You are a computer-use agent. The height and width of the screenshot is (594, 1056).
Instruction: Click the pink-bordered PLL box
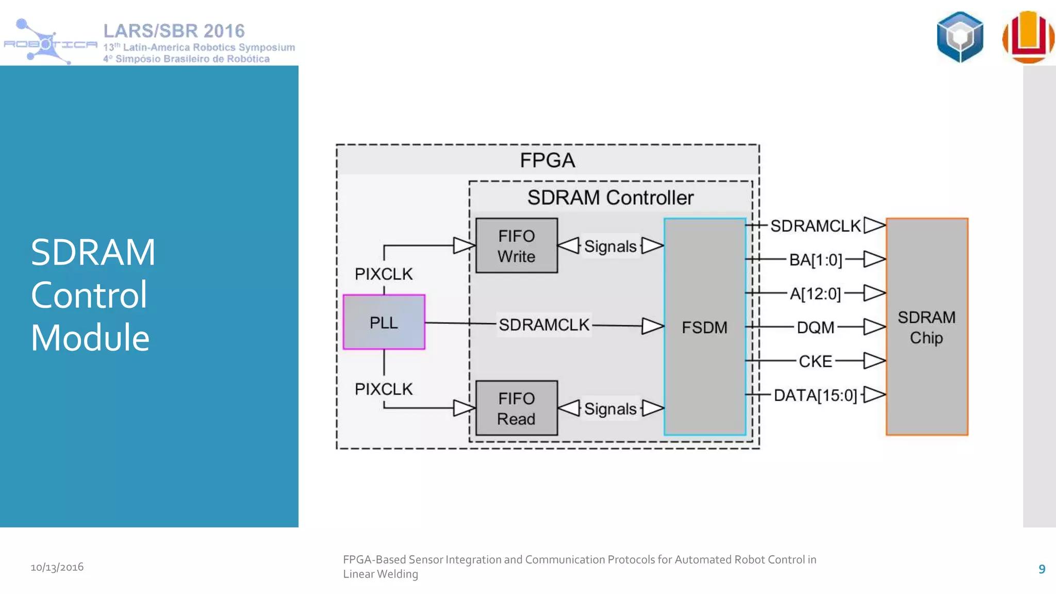pos(384,322)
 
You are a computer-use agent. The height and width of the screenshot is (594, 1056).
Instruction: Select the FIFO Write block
pos(516,246)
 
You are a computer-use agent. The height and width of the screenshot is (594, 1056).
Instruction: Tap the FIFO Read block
pos(516,408)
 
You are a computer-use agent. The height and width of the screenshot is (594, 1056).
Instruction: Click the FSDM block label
pos(704,327)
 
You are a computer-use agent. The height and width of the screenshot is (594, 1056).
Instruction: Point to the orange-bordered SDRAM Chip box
pos(927,327)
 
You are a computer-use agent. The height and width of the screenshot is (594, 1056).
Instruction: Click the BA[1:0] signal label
pos(815,259)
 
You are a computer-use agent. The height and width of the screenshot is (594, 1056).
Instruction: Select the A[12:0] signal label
pos(815,293)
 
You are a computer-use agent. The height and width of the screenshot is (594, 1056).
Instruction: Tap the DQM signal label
pos(815,327)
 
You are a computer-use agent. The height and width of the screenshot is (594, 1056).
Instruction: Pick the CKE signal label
pos(815,361)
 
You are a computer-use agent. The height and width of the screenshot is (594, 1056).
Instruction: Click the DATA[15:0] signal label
pos(815,395)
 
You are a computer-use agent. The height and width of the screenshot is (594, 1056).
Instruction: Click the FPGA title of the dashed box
pos(547,160)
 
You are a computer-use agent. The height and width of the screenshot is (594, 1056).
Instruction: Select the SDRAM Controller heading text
pos(610,197)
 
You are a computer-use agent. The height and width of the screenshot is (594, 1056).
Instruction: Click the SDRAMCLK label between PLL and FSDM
pos(543,325)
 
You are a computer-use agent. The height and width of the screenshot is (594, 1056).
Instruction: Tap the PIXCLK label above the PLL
pos(384,274)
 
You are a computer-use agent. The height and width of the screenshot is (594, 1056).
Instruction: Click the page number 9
pos(1042,569)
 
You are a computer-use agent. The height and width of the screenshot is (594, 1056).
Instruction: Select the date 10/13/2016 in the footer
pos(57,567)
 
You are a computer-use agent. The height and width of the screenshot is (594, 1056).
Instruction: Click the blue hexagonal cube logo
pos(960,37)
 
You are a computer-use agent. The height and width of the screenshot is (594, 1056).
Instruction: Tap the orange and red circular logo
pos(1028,37)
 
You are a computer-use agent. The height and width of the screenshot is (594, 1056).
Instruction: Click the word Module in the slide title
pos(90,338)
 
